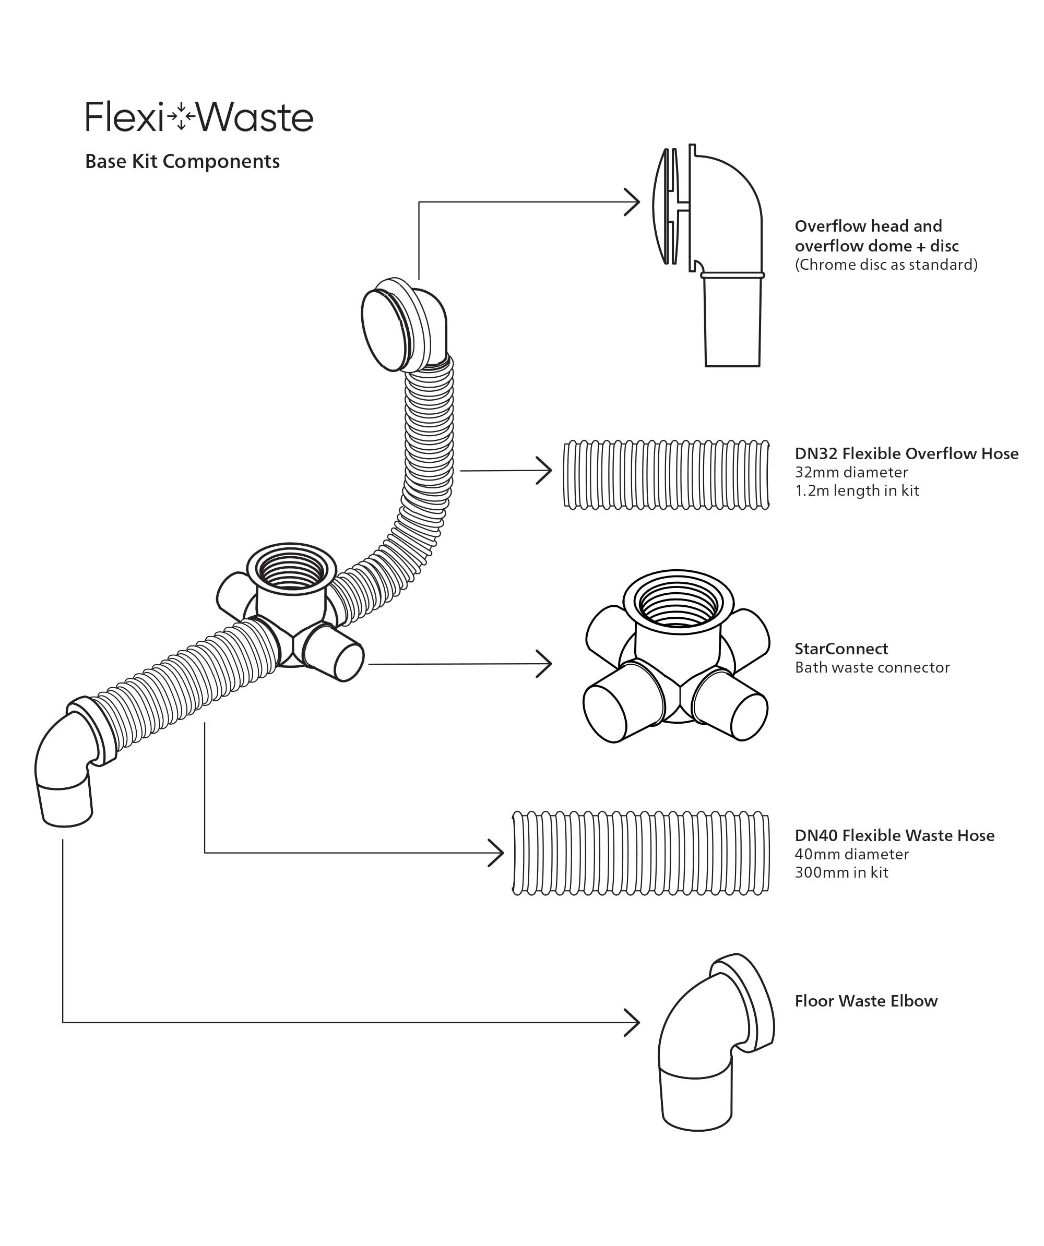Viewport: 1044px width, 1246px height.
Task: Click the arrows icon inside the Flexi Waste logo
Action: click(x=181, y=117)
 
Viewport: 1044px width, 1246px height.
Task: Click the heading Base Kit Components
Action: click(x=182, y=161)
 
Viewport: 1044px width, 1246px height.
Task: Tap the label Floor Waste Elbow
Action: click(x=865, y=1001)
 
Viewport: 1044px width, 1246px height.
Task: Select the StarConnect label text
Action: click(x=841, y=649)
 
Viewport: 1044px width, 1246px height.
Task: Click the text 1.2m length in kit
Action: click(x=857, y=490)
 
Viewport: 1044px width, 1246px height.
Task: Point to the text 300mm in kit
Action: click(x=841, y=872)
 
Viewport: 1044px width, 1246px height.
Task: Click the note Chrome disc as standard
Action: click(x=885, y=265)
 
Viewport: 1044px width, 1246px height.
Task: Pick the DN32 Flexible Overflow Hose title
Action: click(x=906, y=453)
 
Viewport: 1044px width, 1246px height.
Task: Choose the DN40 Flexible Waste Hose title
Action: click(x=894, y=835)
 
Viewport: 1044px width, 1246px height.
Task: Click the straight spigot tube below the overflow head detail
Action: click(x=732, y=324)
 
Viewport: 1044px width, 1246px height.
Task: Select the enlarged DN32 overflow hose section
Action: click(x=666, y=475)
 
